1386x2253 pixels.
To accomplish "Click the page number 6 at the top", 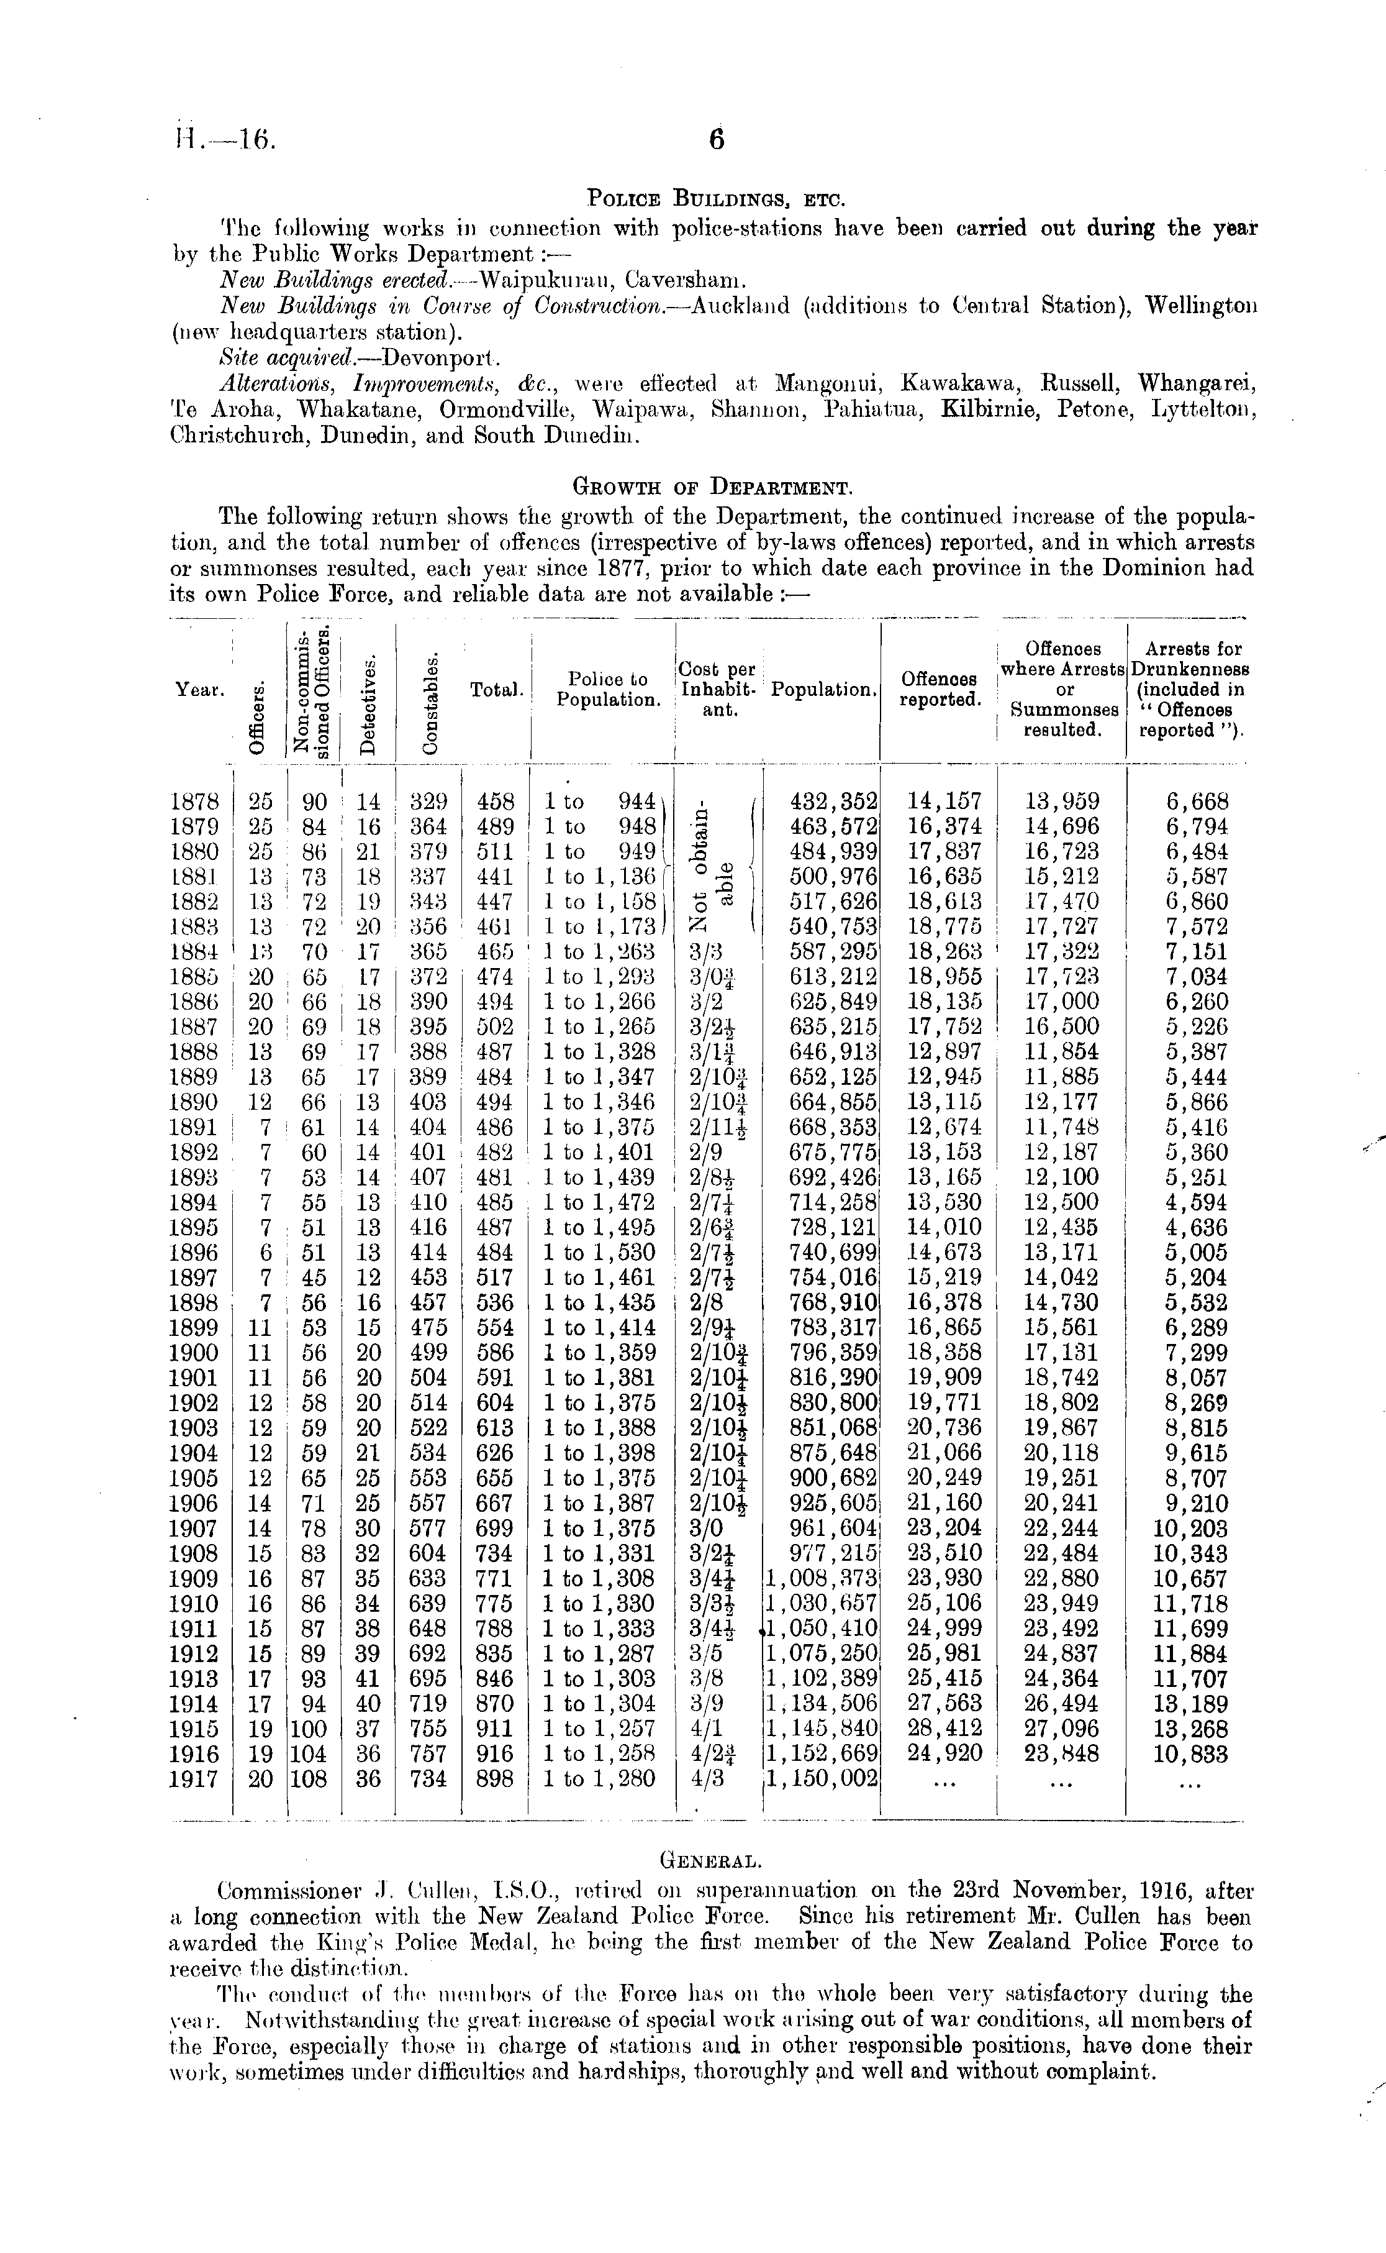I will (x=717, y=139).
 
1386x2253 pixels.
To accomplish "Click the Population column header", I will (x=823, y=690).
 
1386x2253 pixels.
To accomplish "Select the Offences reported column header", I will (x=940, y=690).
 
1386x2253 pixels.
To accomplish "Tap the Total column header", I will (x=496, y=690).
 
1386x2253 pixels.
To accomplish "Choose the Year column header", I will (x=198, y=690).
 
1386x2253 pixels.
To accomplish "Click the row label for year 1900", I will (x=194, y=1353).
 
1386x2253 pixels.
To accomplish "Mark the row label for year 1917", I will (x=194, y=1779).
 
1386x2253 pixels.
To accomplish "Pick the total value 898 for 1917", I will (x=496, y=1779).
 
